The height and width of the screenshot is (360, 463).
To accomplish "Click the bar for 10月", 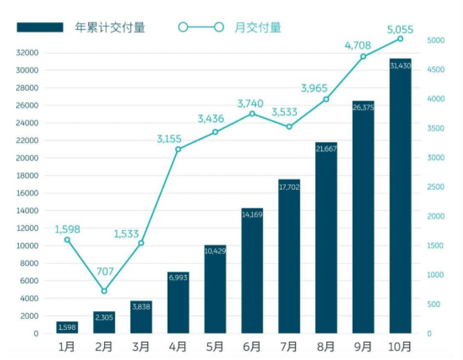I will [400, 196].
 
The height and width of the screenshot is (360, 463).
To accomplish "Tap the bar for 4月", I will [178, 303].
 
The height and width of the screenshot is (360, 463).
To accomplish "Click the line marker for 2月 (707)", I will [104, 291].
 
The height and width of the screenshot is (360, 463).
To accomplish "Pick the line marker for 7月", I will [289, 126].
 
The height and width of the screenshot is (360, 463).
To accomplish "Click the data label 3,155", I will [170, 138].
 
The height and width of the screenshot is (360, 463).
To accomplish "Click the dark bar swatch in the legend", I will [40, 28].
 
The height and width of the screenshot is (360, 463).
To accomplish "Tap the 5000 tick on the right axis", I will [435, 40].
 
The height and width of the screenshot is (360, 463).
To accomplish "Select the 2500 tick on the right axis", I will [435, 187].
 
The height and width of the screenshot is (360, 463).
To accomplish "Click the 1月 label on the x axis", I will [67, 346].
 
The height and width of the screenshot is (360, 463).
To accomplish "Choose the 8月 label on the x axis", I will [326, 346].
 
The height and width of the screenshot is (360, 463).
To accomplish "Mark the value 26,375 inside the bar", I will [363, 107].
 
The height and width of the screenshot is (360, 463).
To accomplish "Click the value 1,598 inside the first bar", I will [67, 327].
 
